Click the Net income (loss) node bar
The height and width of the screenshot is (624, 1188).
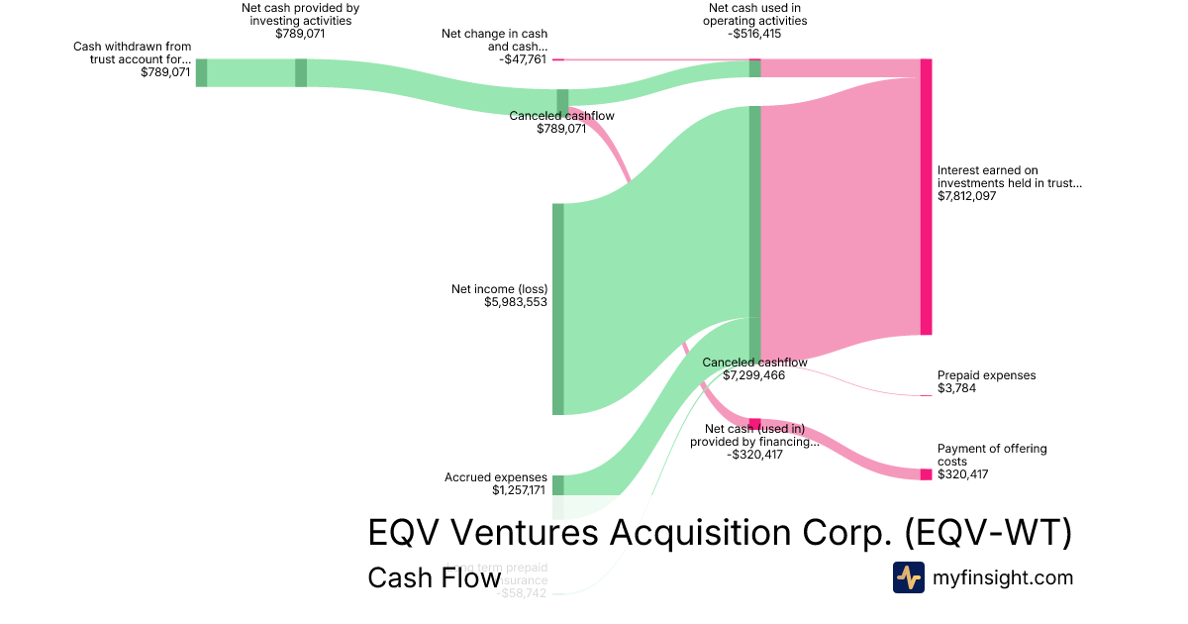click(557, 309)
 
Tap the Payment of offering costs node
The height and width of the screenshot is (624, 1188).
click(926, 474)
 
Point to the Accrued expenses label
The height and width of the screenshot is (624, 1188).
click(496, 477)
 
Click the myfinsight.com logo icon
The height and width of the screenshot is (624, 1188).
click(908, 577)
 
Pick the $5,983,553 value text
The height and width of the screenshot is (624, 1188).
click(516, 302)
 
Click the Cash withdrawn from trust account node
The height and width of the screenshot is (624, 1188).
click(201, 72)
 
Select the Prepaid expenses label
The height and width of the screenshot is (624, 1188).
click(986, 375)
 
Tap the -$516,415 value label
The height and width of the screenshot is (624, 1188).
click(757, 33)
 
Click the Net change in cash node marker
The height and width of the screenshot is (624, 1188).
click(557, 59)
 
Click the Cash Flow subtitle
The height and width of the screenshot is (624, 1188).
click(434, 577)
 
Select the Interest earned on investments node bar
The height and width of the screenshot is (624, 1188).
click(926, 197)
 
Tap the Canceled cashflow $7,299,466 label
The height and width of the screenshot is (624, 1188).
click(754, 369)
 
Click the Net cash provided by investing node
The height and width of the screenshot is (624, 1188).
click(301, 72)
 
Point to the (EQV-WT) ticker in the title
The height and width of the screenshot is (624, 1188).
click(989, 533)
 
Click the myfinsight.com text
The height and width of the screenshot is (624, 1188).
click(1003, 577)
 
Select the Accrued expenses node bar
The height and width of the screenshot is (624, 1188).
click(557, 484)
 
